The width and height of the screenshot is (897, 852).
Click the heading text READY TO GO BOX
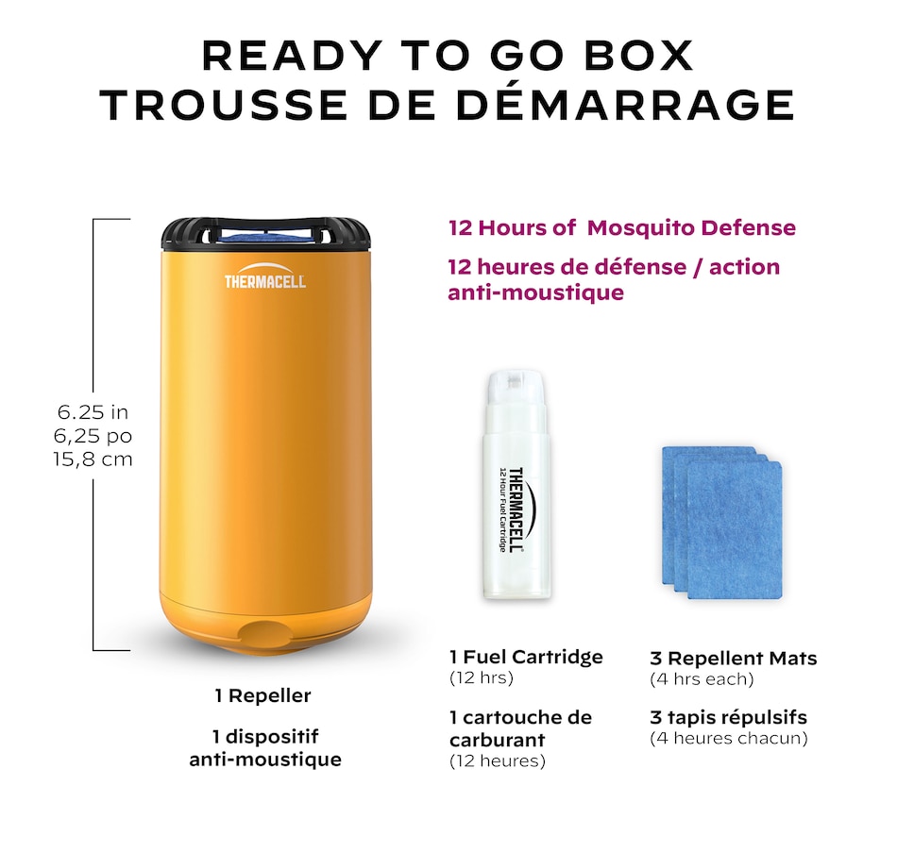448,56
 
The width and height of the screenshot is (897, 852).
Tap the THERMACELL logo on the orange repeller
265,280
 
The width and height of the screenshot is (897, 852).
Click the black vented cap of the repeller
265,235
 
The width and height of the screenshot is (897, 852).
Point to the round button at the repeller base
264,632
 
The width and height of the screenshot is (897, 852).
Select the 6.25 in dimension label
93,412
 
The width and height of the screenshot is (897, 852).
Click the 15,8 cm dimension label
93,459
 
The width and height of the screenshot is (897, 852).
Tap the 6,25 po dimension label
93,436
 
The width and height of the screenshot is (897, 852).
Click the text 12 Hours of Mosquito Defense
621,228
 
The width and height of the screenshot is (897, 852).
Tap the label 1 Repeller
262,696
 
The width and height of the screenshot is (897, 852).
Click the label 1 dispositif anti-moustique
264,747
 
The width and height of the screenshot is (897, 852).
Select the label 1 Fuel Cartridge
526,657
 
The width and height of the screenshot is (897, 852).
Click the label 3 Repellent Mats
733,659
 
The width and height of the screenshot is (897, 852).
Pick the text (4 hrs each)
702,678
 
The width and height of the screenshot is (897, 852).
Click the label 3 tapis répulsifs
728,717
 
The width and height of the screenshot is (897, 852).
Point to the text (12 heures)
497,760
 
